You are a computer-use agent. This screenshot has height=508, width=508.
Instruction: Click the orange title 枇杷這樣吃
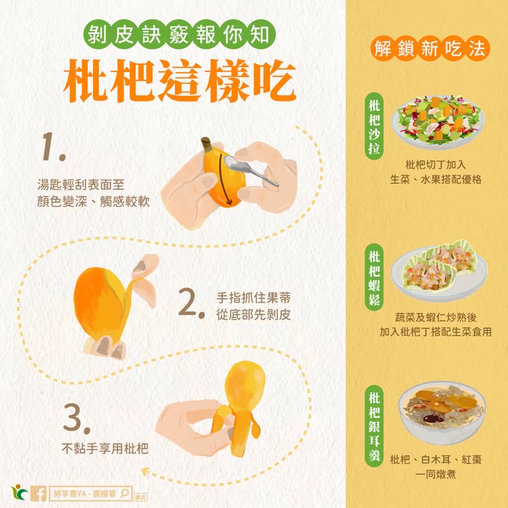(179, 80)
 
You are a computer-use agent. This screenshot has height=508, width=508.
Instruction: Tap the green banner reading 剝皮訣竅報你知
(179, 35)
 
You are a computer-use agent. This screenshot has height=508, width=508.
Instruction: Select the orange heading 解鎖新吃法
(430, 49)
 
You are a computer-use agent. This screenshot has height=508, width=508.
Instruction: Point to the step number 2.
(191, 303)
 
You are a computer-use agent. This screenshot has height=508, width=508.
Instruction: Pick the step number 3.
(76, 418)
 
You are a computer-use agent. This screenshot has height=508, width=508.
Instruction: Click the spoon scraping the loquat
(250, 170)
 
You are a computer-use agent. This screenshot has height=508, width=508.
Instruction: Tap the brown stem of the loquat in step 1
(207, 144)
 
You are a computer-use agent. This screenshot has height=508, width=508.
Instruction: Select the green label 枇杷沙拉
(374, 126)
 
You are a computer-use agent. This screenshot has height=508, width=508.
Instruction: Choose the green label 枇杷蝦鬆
(374, 277)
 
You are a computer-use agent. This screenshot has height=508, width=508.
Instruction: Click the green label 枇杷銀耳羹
(374, 425)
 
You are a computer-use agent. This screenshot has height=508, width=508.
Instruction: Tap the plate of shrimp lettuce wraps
(439, 270)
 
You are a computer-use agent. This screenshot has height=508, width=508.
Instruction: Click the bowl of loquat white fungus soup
(442, 412)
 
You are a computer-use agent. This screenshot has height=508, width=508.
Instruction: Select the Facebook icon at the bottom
(38, 493)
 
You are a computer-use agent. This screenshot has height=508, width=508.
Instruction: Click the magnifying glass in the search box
(124, 493)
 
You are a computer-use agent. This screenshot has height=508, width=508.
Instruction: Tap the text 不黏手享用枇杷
(104, 449)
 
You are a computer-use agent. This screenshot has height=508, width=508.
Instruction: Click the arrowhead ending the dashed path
(146, 471)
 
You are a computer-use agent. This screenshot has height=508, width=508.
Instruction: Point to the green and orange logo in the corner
(20, 492)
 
